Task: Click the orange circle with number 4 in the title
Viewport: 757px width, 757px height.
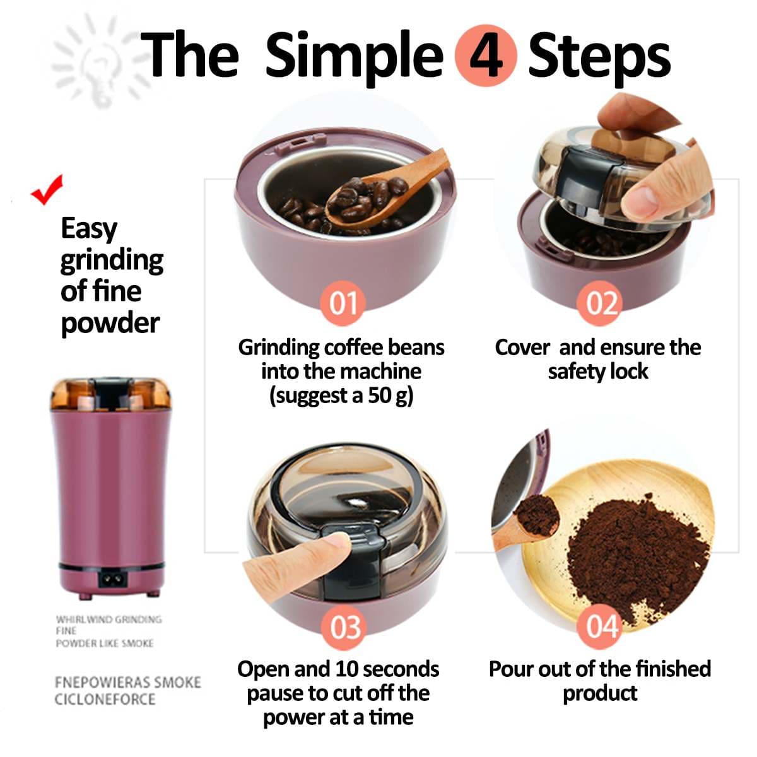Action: pos(486,56)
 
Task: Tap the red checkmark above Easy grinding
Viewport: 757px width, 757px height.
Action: pos(48,189)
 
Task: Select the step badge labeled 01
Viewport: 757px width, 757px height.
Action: pos(343,303)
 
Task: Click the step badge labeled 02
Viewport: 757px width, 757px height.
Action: pos(601,303)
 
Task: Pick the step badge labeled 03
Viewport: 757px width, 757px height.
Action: pos(345,628)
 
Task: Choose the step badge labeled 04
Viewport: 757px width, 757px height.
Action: pos(601,626)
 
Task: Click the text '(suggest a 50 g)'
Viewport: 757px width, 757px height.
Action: pos(341,396)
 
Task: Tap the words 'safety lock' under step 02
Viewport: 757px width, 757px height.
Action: pos(597,372)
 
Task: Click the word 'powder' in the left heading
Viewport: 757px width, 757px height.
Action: pos(110,323)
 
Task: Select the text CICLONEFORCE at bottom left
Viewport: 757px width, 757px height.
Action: pos(105,699)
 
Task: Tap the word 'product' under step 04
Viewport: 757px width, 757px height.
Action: pos(599,693)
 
